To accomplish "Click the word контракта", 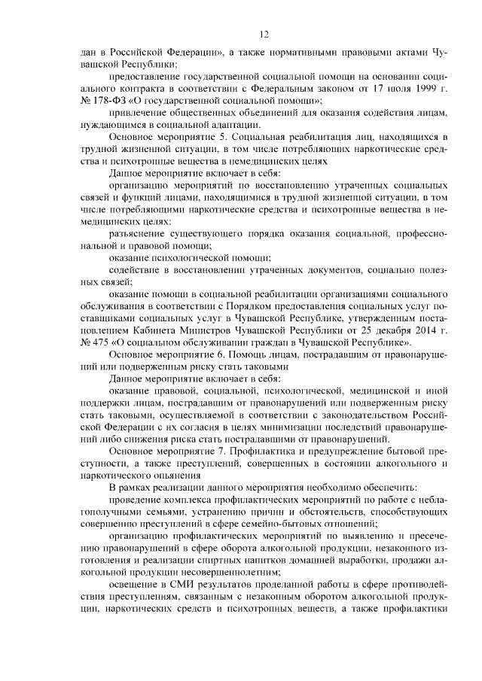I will (x=117, y=89).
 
